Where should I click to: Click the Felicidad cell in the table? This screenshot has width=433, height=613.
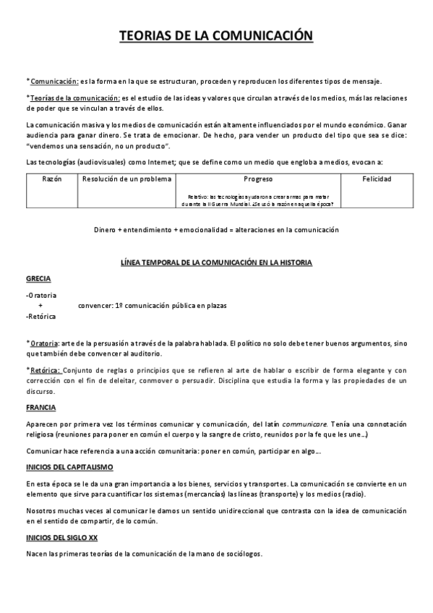point(377,179)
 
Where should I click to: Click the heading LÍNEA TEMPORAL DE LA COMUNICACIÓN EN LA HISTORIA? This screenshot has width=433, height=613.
point(216,262)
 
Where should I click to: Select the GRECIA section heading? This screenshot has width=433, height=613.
point(38,278)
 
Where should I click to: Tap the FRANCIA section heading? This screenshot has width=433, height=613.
point(40,408)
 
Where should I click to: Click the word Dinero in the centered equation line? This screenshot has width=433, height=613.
point(108,230)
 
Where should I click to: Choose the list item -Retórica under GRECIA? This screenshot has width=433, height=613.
point(40,317)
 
